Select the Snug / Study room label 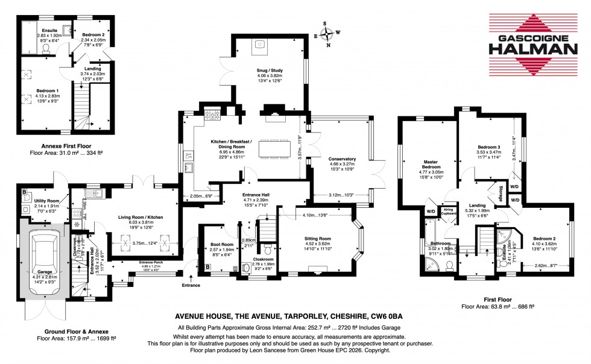[x=270, y=71]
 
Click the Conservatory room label [x=342, y=159]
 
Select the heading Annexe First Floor [x=60, y=145]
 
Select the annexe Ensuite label [x=46, y=30]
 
